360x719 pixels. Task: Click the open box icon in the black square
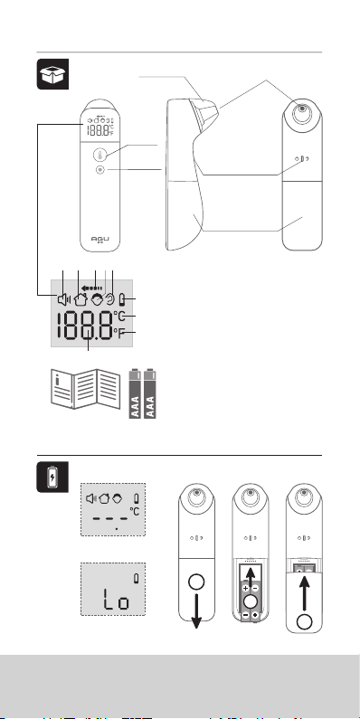(x=52, y=74)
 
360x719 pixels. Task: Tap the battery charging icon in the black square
(x=53, y=477)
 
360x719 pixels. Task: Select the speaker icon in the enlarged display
(x=63, y=300)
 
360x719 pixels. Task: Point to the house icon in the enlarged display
(x=81, y=300)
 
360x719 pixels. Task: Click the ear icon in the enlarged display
(x=110, y=300)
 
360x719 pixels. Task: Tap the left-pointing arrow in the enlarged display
(x=96, y=288)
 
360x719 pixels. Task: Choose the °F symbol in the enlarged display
(x=119, y=334)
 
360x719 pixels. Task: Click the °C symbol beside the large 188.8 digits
(x=119, y=317)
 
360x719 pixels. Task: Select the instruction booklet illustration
(x=85, y=389)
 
